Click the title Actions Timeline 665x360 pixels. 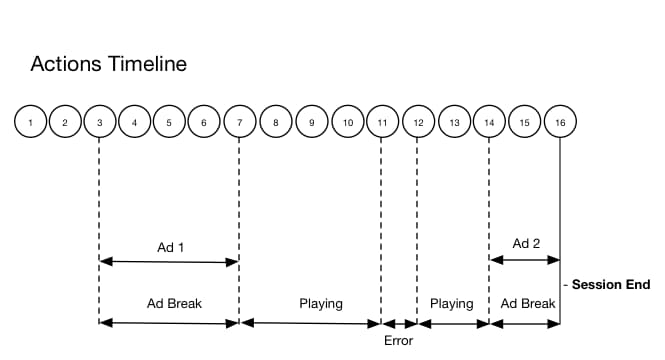(x=108, y=65)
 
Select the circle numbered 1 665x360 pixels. (x=31, y=122)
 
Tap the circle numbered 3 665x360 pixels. (x=100, y=122)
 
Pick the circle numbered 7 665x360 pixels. (x=240, y=122)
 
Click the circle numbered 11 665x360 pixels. (x=382, y=122)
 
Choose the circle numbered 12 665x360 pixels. (x=418, y=122)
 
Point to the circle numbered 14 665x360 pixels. (x=489, y=122)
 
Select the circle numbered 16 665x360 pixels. (x=560, y=122)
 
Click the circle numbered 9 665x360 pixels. (x=312, y=122)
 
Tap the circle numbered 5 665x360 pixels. (x=169, y=122)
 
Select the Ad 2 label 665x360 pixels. (x=526, y=242)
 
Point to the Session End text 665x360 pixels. (x=610, y=285)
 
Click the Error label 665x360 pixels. (x=398, y=340)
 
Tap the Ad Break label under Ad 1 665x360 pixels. (x=169, y=302)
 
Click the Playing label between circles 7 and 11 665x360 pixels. (x=321, y=302)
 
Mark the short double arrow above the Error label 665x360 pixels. (x=400, y=323)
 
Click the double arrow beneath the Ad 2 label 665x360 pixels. (x=525, y=261)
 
